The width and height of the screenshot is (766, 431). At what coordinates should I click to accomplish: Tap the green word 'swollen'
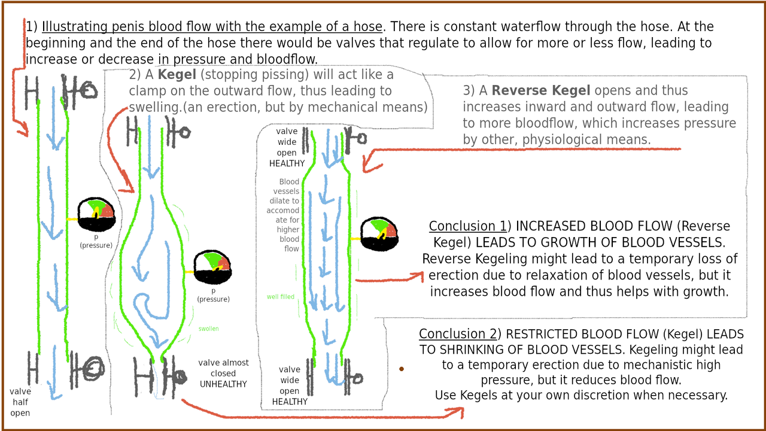pos(209,329)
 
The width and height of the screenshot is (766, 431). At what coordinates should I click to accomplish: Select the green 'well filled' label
pos(281,297)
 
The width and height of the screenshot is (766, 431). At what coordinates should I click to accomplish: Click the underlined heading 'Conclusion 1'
pos(467,226)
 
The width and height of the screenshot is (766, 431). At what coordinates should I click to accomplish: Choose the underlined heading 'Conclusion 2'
pos(457,334)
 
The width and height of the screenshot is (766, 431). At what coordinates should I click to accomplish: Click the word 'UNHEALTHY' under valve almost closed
pos(223,384)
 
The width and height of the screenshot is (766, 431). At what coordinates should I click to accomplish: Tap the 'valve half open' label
pos(20,402)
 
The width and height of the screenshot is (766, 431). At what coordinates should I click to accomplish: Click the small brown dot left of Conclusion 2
pos(401,369)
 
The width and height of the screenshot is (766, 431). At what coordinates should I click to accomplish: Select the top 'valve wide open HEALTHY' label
pos(287,147)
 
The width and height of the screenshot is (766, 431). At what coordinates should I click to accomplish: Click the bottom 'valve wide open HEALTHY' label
pos(290,386)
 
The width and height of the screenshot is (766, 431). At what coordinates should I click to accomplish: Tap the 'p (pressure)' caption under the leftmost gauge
pos(96,241)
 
